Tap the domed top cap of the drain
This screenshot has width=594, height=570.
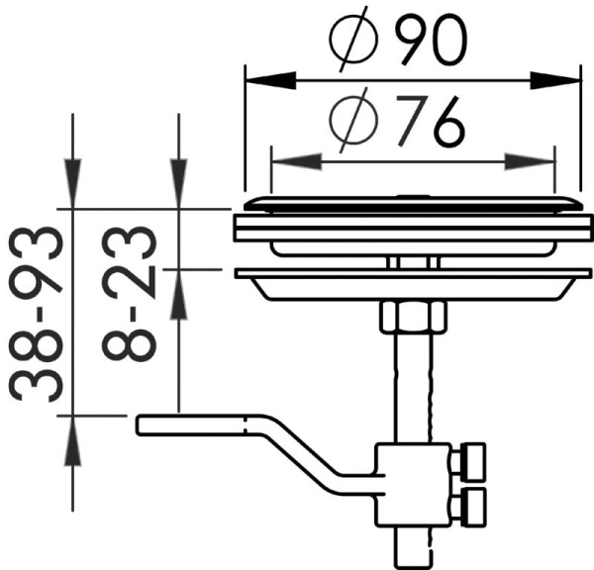(x=406, y=202)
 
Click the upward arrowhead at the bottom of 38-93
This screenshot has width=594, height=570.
(x=72, y=434)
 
